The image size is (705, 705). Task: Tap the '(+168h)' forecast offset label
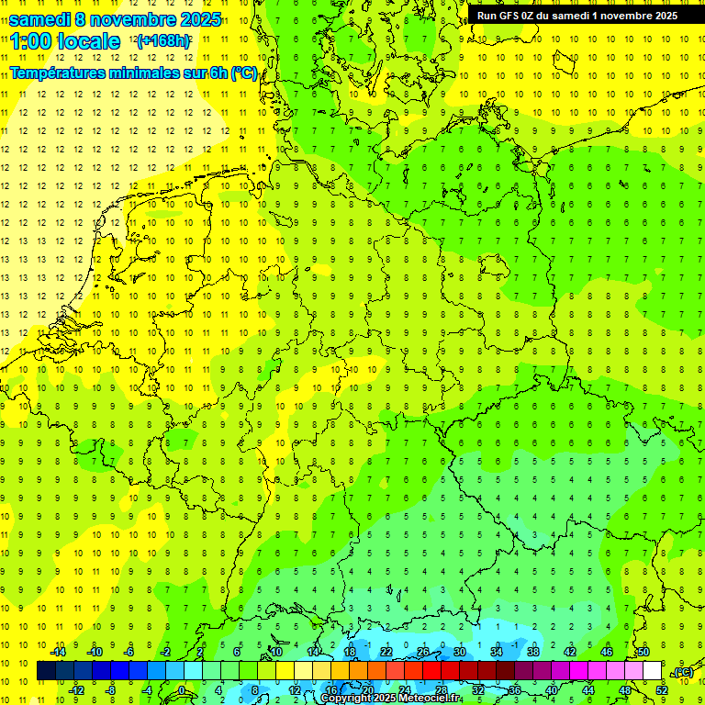click(x=162, y=41)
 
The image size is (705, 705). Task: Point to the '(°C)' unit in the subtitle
click(x=243, y=73)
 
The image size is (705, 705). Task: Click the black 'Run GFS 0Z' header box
click(x=576, y=16)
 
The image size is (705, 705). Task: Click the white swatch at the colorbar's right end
click(x=652, y=671)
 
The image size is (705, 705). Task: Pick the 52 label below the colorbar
click(x=662, y=690)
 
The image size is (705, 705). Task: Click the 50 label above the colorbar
click(x=643, y=652)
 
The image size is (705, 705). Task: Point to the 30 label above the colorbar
click(x=460, y=652)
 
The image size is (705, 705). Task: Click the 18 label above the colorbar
click(x=350, y=652)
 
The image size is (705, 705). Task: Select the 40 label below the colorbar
click(x=552, y=690)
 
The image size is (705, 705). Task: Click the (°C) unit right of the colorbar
click(x=683, y=672)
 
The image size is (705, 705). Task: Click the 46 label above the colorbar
click(x=607, y=652)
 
